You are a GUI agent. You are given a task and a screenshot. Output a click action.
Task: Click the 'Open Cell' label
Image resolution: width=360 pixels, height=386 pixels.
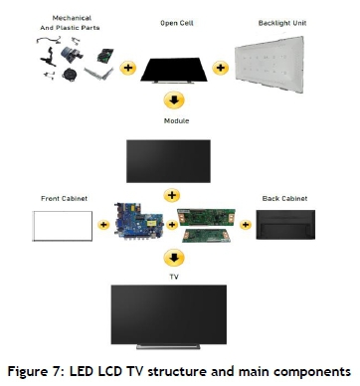177,23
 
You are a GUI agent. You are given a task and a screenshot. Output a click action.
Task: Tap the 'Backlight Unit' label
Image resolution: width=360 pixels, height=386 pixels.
282,23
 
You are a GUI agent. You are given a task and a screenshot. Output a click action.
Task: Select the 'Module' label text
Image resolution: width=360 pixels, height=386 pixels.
176,121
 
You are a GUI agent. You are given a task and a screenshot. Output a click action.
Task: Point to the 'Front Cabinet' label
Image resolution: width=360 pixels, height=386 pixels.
64,199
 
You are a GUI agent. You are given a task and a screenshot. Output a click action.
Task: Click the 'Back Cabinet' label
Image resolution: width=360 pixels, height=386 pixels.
284,199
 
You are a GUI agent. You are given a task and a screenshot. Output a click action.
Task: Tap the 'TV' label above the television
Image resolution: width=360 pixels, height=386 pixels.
174,277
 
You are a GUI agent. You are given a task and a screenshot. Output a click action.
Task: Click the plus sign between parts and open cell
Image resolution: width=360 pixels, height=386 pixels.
128,68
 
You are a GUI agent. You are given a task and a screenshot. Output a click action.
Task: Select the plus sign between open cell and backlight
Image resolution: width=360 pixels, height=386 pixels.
221,68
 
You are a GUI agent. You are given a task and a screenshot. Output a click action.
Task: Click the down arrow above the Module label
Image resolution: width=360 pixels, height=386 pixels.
174,100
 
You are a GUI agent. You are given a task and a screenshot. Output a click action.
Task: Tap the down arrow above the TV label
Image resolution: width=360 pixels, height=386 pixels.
174,258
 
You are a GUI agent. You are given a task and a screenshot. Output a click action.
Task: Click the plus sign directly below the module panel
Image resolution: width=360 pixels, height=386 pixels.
172,195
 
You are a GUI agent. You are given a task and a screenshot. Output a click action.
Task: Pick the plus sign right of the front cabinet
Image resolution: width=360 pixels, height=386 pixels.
103,225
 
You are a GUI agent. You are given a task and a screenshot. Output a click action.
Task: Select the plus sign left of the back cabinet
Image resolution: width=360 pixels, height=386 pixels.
246,225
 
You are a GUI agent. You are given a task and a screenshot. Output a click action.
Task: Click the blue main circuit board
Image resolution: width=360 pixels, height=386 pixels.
138,221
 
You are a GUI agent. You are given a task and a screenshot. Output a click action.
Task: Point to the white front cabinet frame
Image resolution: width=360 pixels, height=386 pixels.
63,211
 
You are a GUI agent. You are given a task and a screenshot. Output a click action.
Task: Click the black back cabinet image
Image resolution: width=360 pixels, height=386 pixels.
285,225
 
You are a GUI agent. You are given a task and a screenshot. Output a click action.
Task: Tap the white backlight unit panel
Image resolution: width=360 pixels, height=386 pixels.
270,64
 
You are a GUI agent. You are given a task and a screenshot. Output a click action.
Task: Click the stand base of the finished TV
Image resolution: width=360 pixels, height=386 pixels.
168,346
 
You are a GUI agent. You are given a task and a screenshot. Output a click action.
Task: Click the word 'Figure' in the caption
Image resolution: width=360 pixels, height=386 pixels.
29,372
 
